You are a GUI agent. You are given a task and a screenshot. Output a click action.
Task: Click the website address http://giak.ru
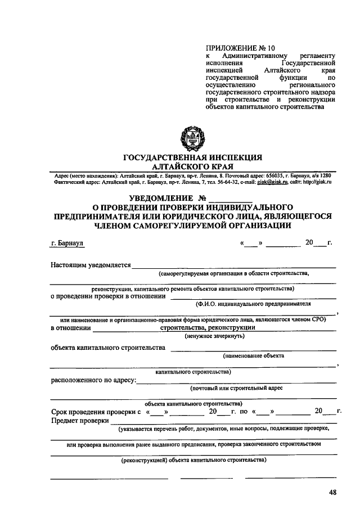pos(317,183)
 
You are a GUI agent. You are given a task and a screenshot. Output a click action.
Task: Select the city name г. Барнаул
pos(67,244)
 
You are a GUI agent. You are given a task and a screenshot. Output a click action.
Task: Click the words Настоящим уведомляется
pos(91,265)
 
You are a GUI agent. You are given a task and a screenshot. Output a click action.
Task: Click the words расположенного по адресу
pos(93,380)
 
